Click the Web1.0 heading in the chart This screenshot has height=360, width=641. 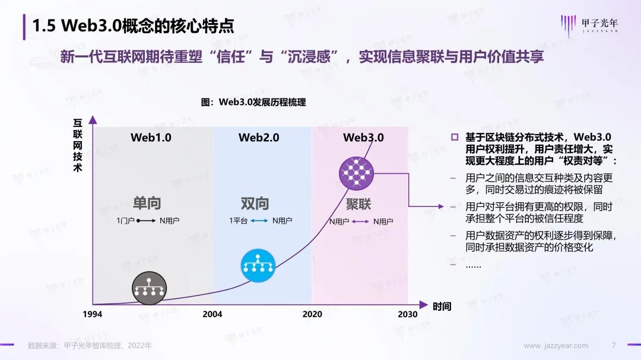click(151, 138)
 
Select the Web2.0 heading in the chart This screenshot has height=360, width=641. click(259, 138)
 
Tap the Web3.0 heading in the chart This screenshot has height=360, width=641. click(363, 138)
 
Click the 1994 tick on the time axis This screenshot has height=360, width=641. click(93, 314)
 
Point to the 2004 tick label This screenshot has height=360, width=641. click(212, 314)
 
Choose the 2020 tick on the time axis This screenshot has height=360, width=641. click(312, 314)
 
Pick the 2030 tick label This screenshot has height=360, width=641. click(408, 314)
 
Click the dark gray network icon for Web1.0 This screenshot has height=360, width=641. click(149, 288)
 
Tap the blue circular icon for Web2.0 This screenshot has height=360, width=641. click(258, 265)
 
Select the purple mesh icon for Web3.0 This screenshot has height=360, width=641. click(357, 173)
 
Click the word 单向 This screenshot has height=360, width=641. click(147, 203)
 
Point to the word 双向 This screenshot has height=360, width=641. click(255, 203)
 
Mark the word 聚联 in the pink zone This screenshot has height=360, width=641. click(358, 204)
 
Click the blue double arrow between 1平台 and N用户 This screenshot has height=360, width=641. click(259, 221)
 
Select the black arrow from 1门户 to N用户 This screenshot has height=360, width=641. click(146, 221)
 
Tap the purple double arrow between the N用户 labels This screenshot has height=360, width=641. click(360, 221)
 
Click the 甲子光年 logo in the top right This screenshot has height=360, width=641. click(589, 26)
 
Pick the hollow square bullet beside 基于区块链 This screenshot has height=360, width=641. click(455, 137)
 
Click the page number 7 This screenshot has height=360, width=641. click(614, 345)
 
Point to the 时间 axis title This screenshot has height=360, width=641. click(442, 306)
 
